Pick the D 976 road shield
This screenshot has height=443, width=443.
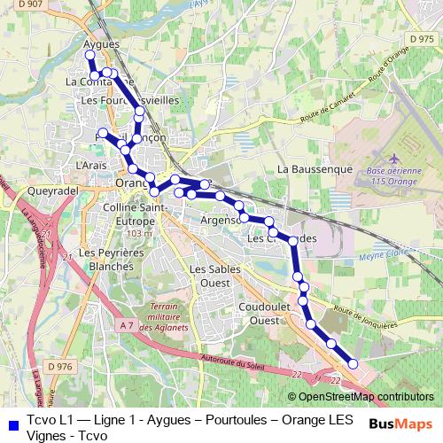(x=59, y=366)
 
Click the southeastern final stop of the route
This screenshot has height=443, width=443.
(x=353, y=364)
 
